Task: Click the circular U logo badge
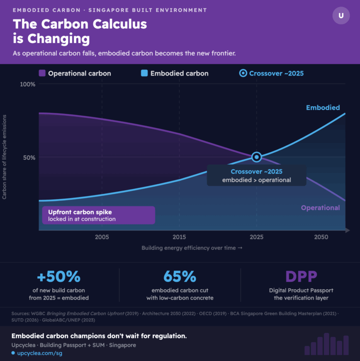[341, 15]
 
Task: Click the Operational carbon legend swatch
[42, 73]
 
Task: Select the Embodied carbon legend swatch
[144, 73]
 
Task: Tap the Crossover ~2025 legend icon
[242, 73]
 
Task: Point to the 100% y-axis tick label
[27, 84]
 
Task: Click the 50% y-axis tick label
[29, 158]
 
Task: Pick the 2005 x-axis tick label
[102, 237]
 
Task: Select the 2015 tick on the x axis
[179, 237]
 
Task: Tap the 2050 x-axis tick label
[321, 237]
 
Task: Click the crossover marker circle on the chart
[256, 157]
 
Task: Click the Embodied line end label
[323, 108]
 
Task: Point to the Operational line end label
[320, 208]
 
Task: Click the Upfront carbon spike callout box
[98, 215]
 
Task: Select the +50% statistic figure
[59, 277]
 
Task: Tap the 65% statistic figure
[180, 277]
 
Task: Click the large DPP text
[301, 277]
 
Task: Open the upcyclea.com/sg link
[39, 353]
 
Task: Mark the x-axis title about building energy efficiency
[192, 248]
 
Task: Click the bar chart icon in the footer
[327, 345]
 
